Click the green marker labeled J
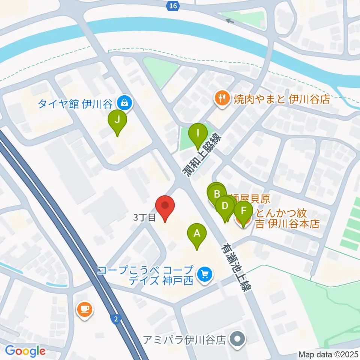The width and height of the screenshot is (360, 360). click(x=117, y=120)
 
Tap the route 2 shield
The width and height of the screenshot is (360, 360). click(x=116, y=319)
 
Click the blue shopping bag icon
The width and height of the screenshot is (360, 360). click(x=124, y=102)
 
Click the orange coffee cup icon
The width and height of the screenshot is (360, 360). click(x=85, y=309)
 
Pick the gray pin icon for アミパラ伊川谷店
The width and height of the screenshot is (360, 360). click(x=237, y=340)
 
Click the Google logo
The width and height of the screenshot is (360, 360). click(x=25, y=351)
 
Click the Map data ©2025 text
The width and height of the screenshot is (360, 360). click(x=328, y=354)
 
